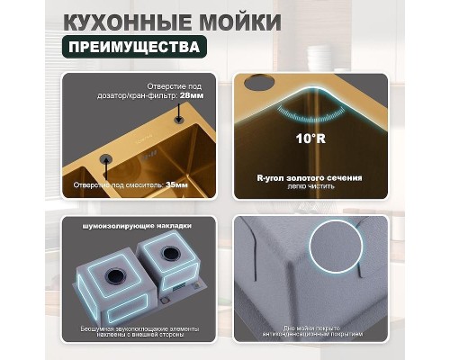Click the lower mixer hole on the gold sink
point(106,159)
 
